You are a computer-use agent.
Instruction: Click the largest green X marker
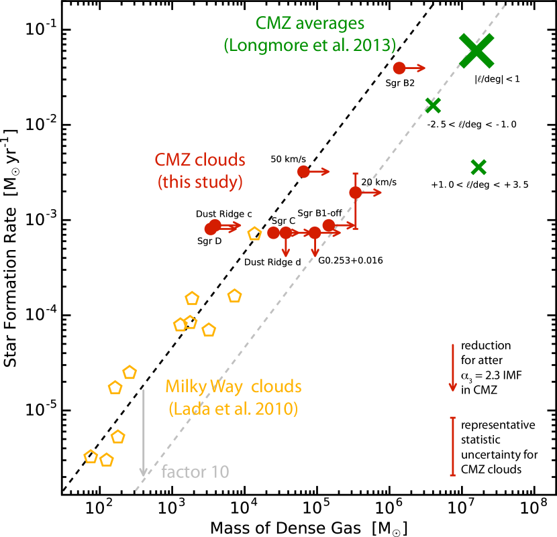click(476, 50)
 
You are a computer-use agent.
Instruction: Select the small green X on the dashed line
click(433, 105)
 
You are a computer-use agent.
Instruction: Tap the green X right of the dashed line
click(478, 167)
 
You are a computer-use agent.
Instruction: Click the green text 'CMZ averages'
click(310, 23)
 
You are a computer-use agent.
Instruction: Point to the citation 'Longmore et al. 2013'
click(310, 46)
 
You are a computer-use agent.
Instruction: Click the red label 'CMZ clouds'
click(200, 160)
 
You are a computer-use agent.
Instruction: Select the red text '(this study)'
click(200, 182)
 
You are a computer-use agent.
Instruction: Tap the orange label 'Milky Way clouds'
click(233, 387)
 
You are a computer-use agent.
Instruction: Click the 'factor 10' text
click(195, 472)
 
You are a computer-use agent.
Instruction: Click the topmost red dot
click(399, 68)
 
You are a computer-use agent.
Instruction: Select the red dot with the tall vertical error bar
click(355, 192)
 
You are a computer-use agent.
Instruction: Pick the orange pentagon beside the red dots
click(254, 234)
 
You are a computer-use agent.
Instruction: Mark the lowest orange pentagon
click(106, 460)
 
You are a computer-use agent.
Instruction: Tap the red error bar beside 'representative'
click(453, 446)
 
